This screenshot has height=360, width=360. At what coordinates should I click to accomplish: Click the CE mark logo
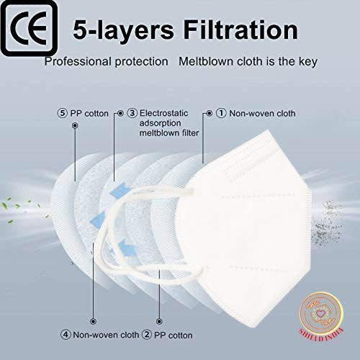(x=29, y=28)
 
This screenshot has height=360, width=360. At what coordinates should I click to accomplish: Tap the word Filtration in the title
(x=240, y=30)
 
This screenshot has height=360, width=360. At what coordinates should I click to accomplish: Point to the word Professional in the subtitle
(x=78, y=62)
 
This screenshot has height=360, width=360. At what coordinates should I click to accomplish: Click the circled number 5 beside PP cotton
(x=63, y=113)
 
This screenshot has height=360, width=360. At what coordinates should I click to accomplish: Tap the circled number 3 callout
(x=132, y=113)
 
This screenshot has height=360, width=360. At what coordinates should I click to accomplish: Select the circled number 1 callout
(x=221, y=113)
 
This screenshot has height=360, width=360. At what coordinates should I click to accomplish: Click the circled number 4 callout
(x=66, y=335)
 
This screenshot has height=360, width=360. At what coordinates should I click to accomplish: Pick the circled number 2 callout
(x=147, y=335)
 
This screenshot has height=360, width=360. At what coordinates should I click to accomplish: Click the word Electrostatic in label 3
(x=164, y=113)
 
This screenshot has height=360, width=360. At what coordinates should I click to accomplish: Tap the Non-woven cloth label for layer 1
(x=262, y=113)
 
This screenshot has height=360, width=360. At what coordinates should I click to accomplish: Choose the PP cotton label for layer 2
(x=174, y=336)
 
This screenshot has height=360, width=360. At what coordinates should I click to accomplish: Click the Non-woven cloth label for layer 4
(x=106, y=335)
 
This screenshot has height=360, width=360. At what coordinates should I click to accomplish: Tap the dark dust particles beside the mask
(x=329, y=222)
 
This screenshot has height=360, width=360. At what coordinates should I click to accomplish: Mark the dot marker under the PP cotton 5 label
(x=75, y=125)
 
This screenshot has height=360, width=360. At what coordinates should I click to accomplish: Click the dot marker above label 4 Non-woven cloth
(x=93, y=321)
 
